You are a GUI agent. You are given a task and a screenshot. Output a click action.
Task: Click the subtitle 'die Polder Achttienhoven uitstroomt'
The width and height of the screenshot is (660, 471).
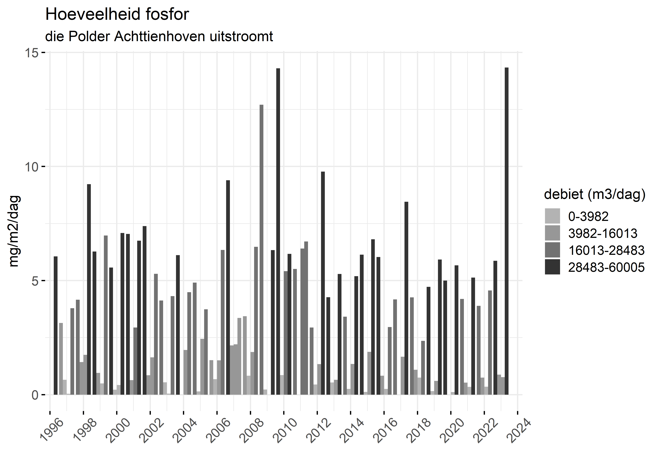[x=159, y=37]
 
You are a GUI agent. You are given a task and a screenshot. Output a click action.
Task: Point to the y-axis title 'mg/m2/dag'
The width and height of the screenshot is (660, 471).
[x=14, y=231]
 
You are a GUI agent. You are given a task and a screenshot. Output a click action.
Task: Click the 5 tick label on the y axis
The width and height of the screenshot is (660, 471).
[x=35, y=281]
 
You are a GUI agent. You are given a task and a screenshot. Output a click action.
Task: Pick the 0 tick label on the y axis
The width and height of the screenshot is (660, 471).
[x=35, y=395]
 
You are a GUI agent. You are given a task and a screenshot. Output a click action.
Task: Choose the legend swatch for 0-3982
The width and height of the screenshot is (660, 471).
[x=552, y=216]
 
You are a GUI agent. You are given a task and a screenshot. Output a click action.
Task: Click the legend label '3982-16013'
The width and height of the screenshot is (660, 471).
[x=602, y=233]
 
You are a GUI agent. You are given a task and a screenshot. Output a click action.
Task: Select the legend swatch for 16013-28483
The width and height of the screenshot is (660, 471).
[x=552, y=250]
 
